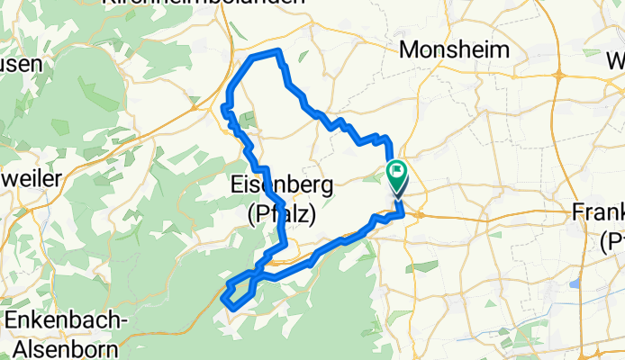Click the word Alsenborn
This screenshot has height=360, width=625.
(x=59, y=347)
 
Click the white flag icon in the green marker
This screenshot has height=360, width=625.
(x=396, y=169)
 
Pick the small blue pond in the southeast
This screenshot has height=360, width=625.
(x=573, y=284)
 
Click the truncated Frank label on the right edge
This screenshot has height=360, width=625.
(x=599, y=212)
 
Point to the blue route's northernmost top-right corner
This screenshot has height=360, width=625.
(x=281, y=51)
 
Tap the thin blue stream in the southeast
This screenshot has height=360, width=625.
(x=504, y=333)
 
